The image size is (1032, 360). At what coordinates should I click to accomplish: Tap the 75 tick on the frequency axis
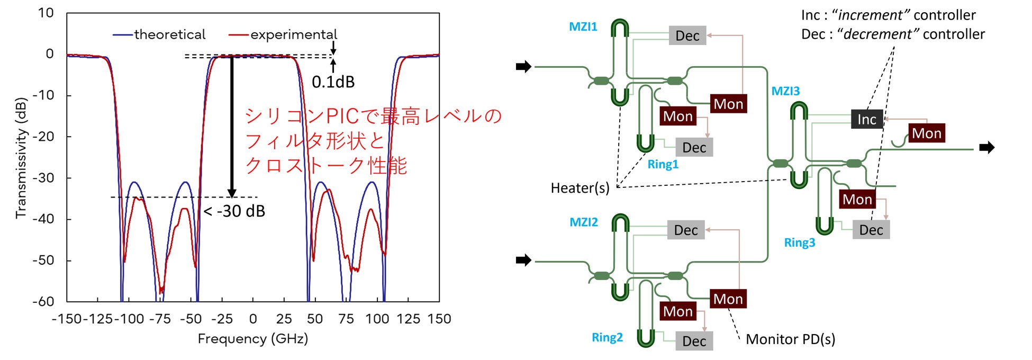point(346,319)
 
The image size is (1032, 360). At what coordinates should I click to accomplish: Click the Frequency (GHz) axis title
point(252,339)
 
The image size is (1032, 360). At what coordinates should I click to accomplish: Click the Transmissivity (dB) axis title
point(21,157)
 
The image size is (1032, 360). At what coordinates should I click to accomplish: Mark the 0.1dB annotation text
point(333,82)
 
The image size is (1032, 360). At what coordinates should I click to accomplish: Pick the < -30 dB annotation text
point(234,211)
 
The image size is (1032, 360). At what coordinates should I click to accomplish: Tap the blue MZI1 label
point(583,26)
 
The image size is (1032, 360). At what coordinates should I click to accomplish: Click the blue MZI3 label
point(785,91)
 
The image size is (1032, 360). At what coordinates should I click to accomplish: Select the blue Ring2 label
point(607,337)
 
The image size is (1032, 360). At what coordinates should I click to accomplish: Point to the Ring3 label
point(799,242)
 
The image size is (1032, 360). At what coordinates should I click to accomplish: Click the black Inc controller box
point(866,120)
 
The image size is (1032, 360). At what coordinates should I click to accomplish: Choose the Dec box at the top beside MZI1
point(687,35)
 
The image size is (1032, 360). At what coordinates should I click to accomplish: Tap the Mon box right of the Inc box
point(926,133)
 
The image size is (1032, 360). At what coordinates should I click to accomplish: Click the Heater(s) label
point(580,188)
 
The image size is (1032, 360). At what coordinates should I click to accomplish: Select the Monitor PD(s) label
point(790,339)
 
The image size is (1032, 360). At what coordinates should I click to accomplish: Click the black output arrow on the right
point(986,148)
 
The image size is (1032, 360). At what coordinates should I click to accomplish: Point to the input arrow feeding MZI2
point(523,260)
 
